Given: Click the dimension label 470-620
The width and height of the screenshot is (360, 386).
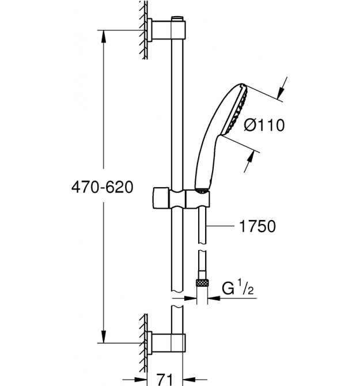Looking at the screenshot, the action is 102,187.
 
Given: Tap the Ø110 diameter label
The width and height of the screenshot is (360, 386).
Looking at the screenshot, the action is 264,125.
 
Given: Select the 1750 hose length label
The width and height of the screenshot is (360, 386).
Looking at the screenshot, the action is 257,226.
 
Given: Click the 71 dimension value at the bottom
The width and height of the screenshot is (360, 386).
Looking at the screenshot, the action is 165,379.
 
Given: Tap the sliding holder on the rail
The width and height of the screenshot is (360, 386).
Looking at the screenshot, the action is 181,199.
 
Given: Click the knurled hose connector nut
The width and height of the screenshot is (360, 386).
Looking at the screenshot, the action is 202,283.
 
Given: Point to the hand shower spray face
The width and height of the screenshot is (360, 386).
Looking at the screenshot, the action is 236,111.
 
